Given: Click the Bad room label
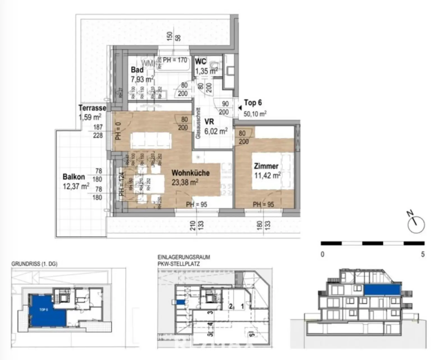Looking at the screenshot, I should (x=137, y=70).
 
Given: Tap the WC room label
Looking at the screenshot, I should (x=201, y=61).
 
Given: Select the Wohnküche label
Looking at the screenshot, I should (x=191, y=173).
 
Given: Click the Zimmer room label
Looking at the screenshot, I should (x=266, y=166).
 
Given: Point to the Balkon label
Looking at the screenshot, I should (x=74, y=177).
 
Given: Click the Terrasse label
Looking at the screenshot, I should (x=92, y=108).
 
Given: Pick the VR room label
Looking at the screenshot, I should (x=209, y=122).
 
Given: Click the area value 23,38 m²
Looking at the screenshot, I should (x=185, y=183).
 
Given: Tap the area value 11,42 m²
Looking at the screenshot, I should (x=267, y=176).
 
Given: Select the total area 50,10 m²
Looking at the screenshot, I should (x=255, y=114).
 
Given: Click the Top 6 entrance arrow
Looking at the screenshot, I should (x=240, y=108).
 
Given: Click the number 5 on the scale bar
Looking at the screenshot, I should (x=423, y=254).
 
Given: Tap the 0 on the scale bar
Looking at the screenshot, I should (x=322, y=254).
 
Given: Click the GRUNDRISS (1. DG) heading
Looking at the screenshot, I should (x=34, y=264).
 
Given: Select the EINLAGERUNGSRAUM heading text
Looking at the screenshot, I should (x=184, y=257).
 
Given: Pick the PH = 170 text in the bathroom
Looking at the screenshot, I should (x=175, y=60).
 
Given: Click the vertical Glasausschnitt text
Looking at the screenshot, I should (x=198, y=123).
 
